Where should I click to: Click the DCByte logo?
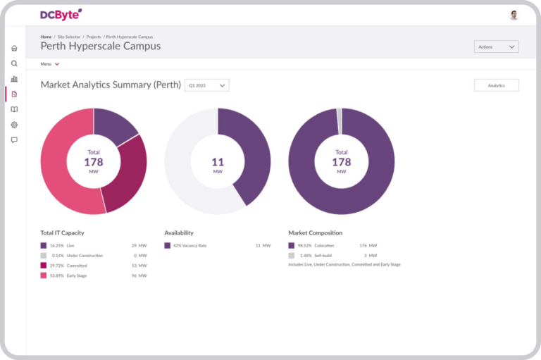[x=61, y=14]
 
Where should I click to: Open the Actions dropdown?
[x=496, y=47]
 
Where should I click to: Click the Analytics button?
[x=496, y=85]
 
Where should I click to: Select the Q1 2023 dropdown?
[x=206, y=85]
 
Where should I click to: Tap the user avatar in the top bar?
[x=514, y=15]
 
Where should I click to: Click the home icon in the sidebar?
[x=14, y=49]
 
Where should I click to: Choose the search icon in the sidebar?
[x=14, y=63]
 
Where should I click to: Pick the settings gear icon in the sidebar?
[x=14, y=125]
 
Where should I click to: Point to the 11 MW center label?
[x=218, y=165]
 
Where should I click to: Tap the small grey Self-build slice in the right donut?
[x=339, y=120]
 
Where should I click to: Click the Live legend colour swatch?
[x=44, y=245]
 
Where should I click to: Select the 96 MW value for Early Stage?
[x=139, y=275]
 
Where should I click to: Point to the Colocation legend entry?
[x=324, y=245]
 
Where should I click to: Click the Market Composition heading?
[x=315, y=232]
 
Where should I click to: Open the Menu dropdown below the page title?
[x=49, y=64]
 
